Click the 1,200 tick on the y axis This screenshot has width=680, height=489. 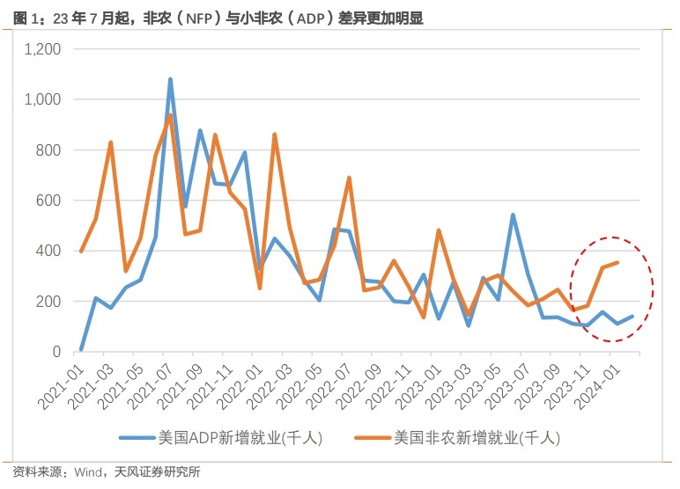pos(41,49)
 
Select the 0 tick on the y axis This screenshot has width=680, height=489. pos(56,352)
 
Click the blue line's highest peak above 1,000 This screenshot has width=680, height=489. pos(170,79)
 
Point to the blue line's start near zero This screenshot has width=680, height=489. pos(81,350)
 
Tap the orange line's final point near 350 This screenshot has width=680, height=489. pos(617,263)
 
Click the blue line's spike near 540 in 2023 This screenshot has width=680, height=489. pos(513,215)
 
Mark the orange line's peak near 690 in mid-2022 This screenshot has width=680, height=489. pos(350,178)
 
